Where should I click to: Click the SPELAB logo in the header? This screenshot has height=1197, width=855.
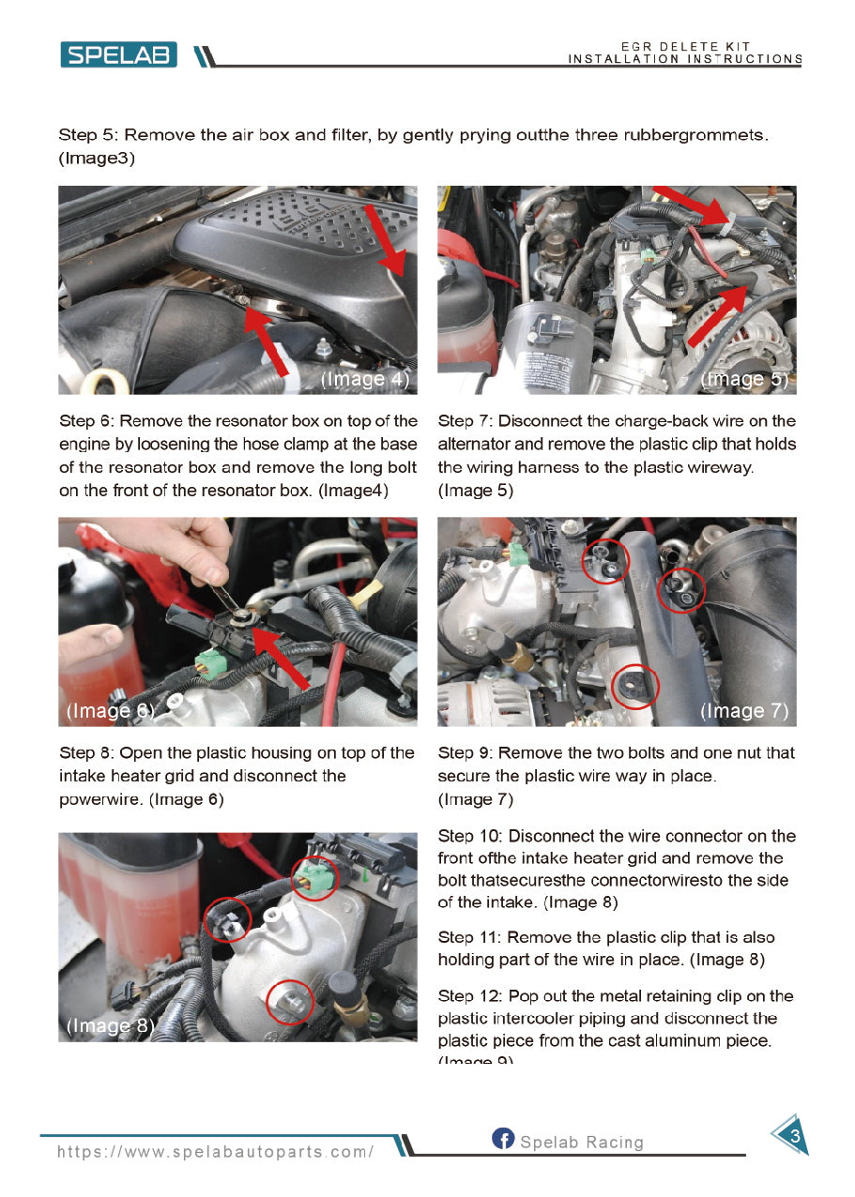pyautogui.click(x=118, y=55)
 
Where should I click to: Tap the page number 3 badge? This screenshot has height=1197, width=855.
pyautogui.click(x=793, y=1136)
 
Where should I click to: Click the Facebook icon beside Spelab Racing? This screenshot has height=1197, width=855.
pyautogui.click(x=503, y=1139)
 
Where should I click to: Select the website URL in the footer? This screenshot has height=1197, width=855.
pyautogui.click(x=216, y=1152)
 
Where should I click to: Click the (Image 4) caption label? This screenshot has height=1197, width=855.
pyautogui.click(x=364, y=380)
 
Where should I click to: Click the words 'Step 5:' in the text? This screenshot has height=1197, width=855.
pyautogui.click(x=87, y=135)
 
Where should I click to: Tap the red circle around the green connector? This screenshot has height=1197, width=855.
pyautogui.click(x=315, y=879)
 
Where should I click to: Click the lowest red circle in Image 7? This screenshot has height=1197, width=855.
pyautogui.click(x=635, y=688)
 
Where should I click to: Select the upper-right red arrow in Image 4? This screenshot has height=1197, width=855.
pyautogui.click(x=387, y=240)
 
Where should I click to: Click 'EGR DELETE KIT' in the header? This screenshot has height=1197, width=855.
pyautogui.click(x=684, y=47)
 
